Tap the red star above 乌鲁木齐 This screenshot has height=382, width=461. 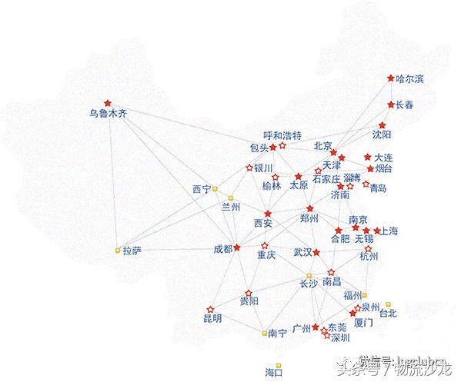108,102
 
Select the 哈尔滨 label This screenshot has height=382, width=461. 409,78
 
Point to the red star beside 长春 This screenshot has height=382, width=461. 391,105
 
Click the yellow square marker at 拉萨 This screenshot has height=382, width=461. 118,251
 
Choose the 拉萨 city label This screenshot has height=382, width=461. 132,251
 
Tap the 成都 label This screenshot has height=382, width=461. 223,248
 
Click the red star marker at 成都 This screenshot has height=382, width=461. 237,247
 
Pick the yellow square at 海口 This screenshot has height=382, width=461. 279,365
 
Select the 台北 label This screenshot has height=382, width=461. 387,313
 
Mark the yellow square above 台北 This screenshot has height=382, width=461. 389,304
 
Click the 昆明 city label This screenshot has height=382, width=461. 212,317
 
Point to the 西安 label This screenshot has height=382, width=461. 263,224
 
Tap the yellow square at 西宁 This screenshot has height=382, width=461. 215,188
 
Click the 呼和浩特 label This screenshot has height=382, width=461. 282,135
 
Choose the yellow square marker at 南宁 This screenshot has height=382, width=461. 263,333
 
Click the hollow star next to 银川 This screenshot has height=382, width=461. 249,167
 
